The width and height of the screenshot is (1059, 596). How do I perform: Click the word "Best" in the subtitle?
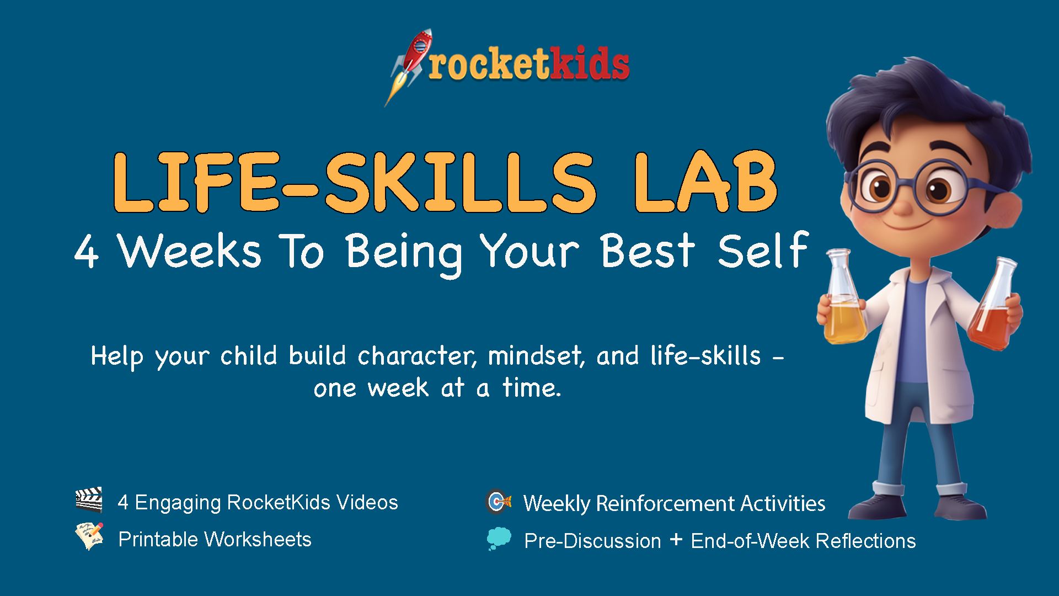click(x=648, y=251)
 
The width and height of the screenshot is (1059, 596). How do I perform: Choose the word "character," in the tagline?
click(x=417, y=356)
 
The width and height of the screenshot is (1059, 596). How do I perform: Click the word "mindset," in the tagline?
click(x=536, y=356)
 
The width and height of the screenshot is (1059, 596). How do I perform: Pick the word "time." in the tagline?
click(x=532, y=387)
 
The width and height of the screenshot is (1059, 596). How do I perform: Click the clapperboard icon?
click(x=89, y=500)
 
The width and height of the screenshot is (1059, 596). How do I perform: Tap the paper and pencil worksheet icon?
click(x=89, y=536)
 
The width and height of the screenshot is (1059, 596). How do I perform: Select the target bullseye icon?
click(x=499, y=502)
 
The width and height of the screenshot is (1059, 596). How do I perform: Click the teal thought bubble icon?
click(x=499, y=539)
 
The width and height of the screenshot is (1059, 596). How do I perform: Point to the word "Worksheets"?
click(x=258, y=539)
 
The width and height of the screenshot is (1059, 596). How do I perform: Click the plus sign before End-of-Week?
click(x=676, y=539)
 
